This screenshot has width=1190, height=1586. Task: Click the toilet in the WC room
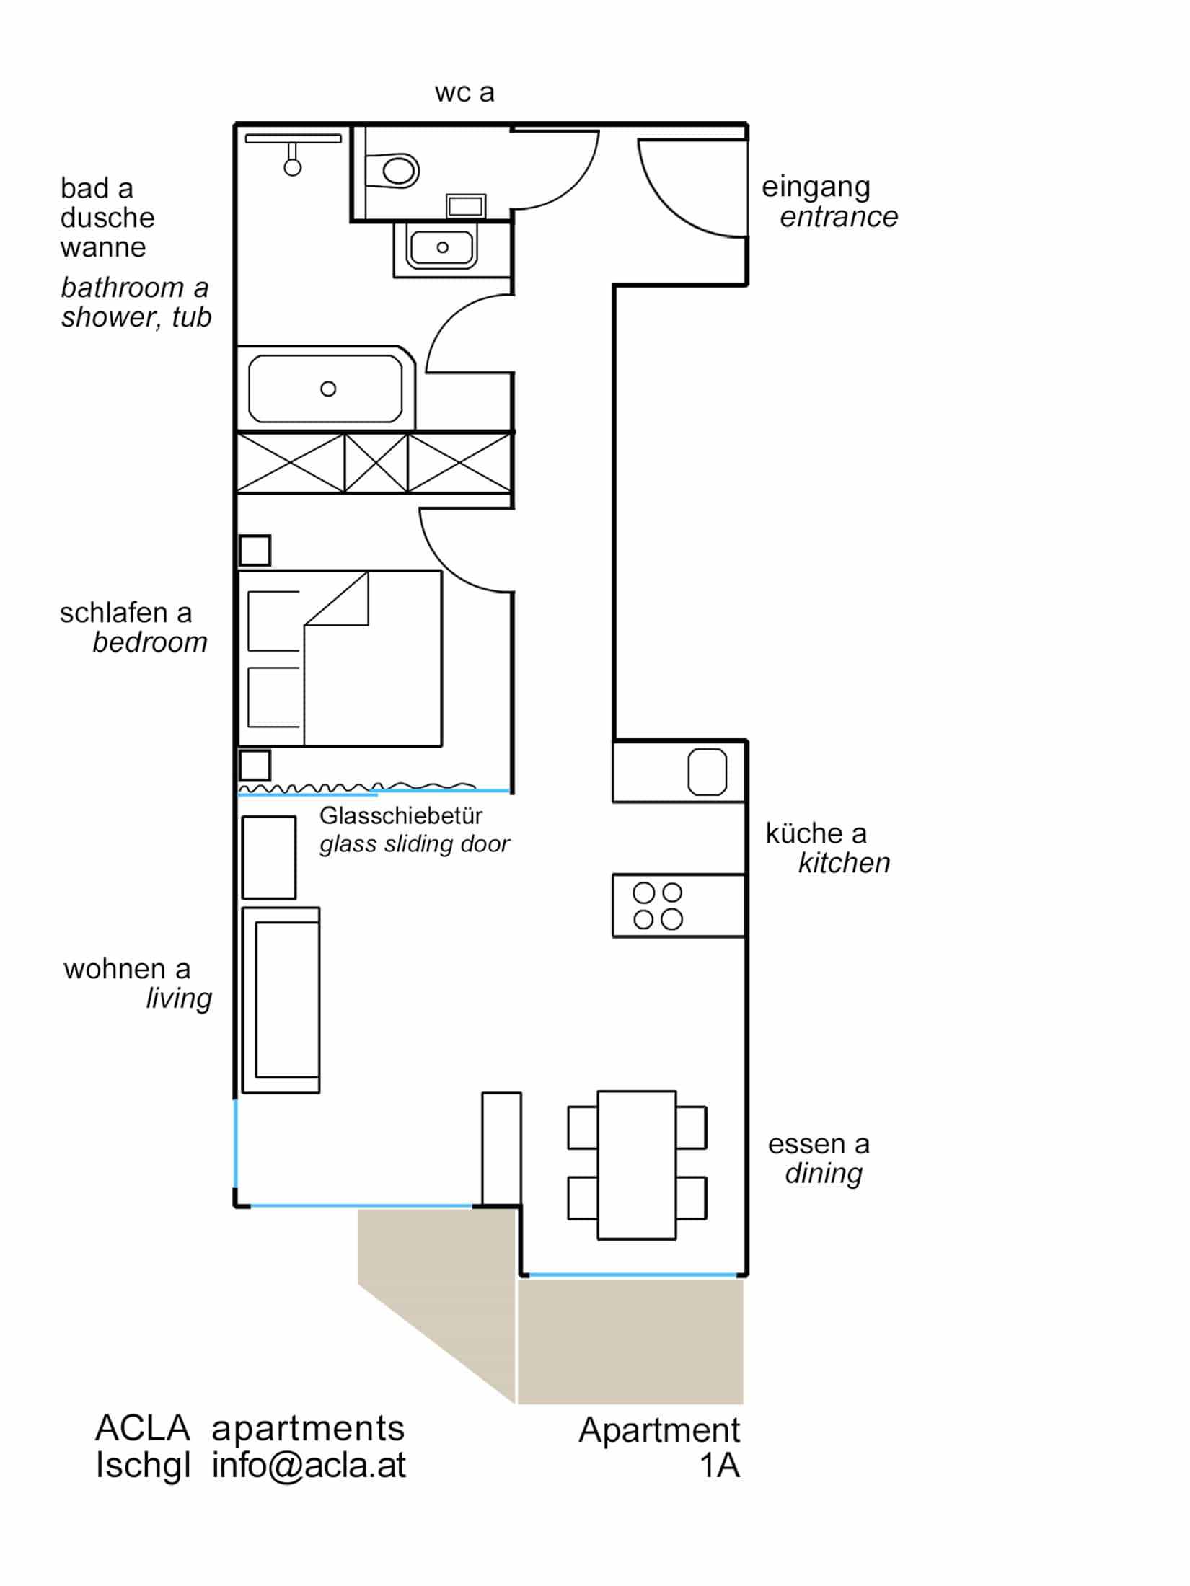395,171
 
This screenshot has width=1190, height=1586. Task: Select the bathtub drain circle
328,389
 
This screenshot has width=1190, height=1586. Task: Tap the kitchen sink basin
707,771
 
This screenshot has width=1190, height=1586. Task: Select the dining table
636,1165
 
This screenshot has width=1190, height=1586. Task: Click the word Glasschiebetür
400,815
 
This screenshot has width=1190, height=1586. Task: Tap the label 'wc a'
464,92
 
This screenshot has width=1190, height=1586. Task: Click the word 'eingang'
816,187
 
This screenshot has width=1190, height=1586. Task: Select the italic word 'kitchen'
844,863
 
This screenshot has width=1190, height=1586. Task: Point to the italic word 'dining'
824,1173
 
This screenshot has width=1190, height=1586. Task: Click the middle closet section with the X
376,463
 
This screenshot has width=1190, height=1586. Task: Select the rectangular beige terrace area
630,1341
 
